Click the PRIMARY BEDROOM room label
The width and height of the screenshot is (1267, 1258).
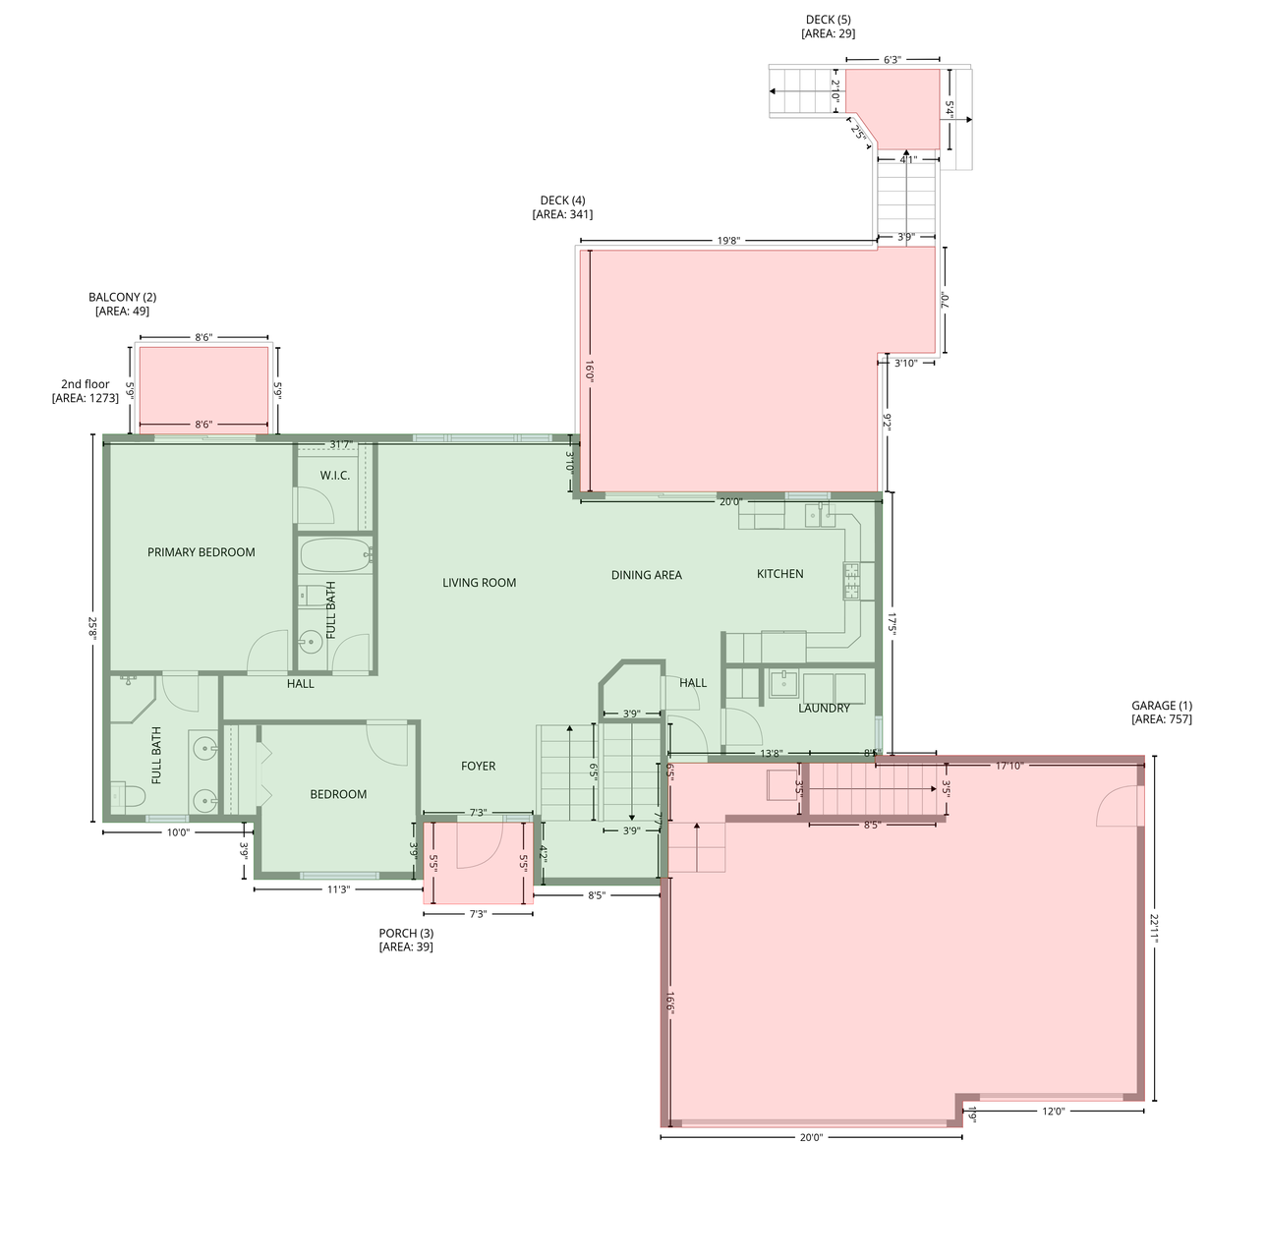201,552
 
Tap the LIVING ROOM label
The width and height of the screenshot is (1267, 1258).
479,583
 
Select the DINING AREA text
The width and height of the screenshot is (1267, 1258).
646,575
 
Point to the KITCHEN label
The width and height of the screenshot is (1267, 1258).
779,574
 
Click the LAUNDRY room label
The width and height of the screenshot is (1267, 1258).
824,709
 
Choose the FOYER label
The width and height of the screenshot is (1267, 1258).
479,766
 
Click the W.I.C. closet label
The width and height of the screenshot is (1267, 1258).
334,476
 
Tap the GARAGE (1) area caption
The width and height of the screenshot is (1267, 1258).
1161,713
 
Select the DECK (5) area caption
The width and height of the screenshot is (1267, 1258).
828,27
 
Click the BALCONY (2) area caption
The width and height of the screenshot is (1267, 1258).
122,304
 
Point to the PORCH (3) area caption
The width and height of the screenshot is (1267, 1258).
405,941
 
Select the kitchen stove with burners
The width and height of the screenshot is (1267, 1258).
851,581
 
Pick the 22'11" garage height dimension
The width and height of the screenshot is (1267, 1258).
1155,928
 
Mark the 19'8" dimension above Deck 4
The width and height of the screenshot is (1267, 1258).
727,240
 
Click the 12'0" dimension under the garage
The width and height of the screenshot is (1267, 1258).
1053,1112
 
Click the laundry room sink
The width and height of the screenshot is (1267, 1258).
783,683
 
